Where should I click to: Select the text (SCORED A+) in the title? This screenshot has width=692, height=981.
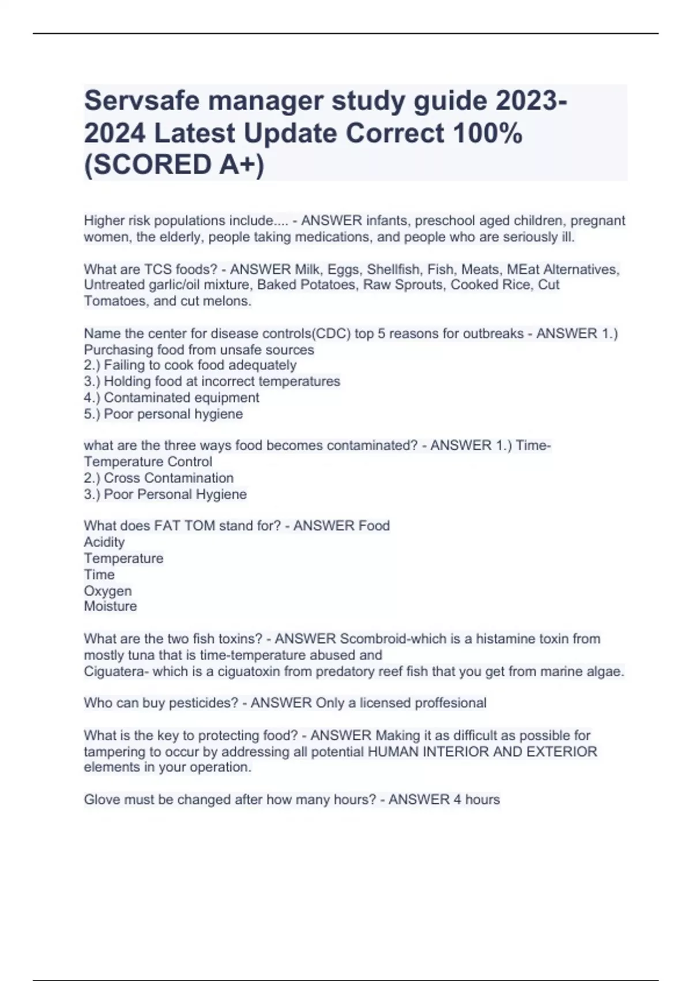tap(174, 165)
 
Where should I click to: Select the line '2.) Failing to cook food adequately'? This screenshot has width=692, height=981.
tap(190, 365)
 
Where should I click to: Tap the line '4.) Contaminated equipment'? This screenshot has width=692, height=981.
tap(172, 398)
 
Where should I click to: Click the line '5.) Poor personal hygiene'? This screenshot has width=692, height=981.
tap(164, 414)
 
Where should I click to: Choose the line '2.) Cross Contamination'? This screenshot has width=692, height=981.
tap(159, 478)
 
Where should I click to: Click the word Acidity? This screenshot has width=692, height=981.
tap(104, 542)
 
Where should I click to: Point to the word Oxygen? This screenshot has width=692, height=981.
tap(108, 591)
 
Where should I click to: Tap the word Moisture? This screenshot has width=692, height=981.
tap(111, 606)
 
